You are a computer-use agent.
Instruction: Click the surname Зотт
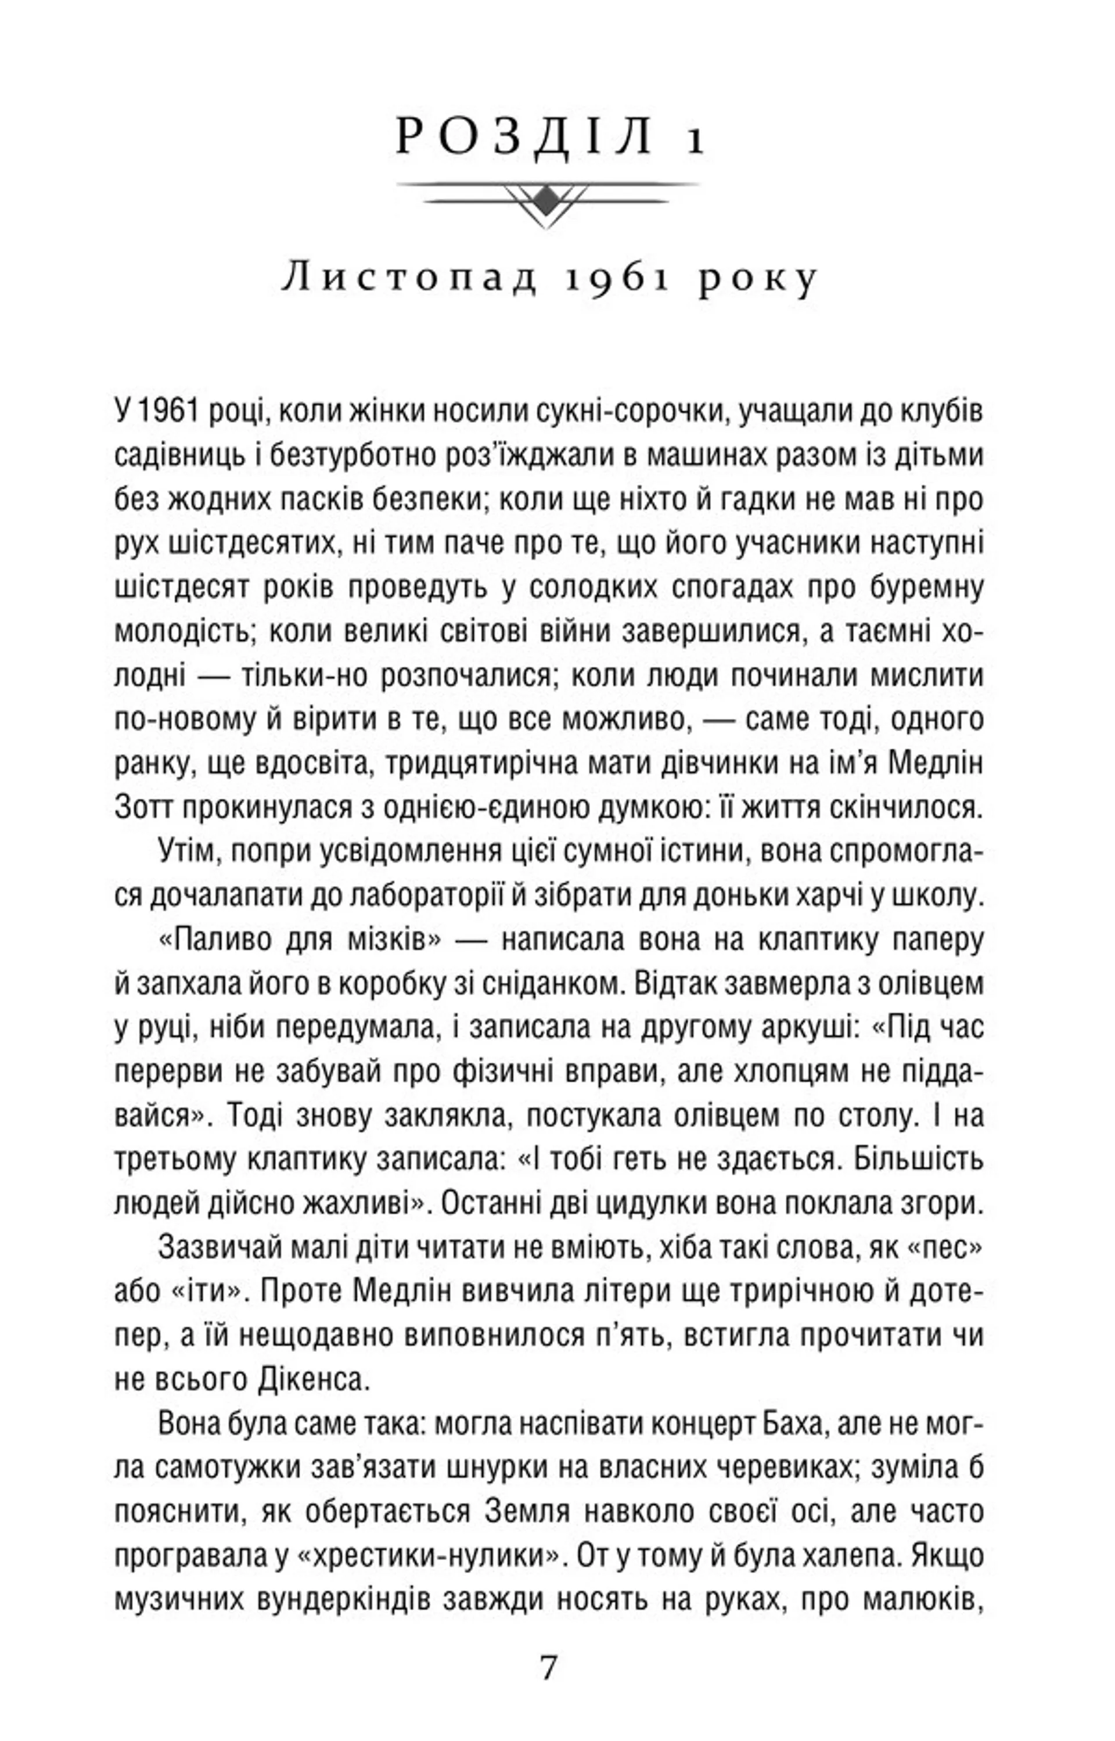pos(144,807)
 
